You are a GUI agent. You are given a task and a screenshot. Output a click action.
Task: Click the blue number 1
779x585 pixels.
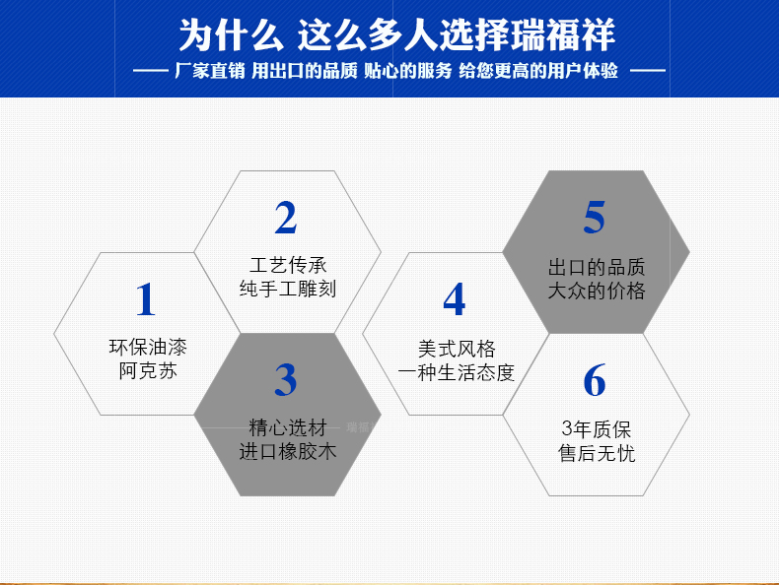146,298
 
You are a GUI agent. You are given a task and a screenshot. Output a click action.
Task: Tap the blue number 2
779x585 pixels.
286,218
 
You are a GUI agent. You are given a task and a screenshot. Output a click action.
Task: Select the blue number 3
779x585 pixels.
286,380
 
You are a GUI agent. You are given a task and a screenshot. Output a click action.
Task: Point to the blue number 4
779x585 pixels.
454,298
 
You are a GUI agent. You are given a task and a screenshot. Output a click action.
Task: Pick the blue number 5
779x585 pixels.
595,218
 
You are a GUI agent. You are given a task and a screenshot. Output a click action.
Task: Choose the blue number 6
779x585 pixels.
595,380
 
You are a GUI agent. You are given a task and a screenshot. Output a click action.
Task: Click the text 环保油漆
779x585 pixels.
148,348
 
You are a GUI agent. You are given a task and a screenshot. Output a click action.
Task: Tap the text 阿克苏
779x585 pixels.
148,370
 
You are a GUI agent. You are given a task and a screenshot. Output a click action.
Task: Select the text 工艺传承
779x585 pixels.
288,266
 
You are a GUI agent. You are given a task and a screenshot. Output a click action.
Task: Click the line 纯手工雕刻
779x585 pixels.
288,289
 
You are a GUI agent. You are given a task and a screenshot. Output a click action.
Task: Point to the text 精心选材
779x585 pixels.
288,427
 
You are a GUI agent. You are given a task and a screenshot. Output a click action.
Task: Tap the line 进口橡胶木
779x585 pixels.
288,451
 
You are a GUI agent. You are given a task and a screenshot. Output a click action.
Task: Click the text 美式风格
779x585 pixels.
457,350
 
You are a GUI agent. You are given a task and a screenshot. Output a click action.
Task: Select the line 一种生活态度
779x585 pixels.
457,373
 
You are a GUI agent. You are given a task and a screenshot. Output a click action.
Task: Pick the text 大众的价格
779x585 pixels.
597,291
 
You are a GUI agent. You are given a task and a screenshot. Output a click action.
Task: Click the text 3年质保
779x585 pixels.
597,429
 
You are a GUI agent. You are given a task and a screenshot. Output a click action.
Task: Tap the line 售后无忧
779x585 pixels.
597,453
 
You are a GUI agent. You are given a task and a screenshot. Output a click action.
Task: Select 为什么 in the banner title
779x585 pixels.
231,34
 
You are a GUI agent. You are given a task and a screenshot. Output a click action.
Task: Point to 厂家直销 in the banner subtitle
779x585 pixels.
210,71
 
